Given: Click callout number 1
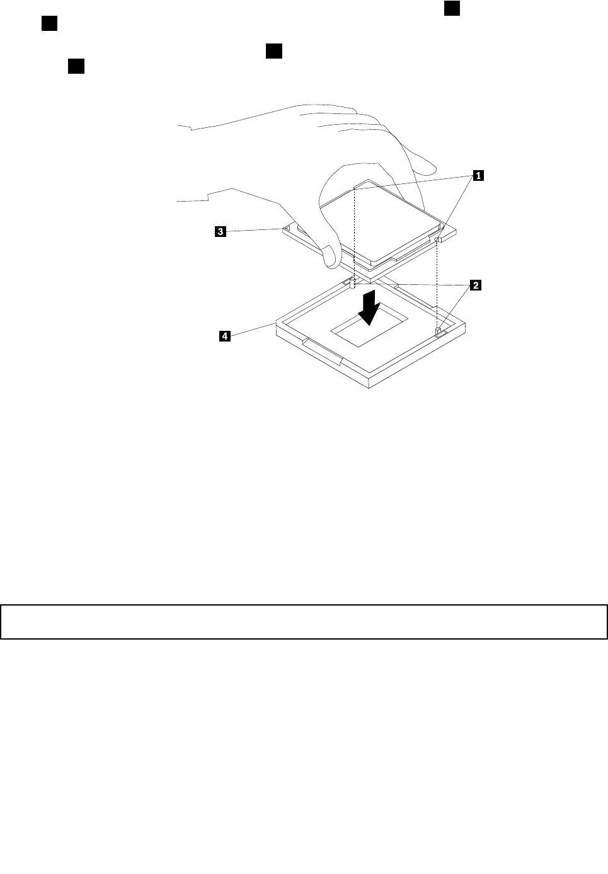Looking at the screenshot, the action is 478,176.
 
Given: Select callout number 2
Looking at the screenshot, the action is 476,285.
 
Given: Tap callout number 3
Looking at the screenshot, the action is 220,232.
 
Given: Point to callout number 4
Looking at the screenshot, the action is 224,337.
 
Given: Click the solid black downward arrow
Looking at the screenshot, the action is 370,307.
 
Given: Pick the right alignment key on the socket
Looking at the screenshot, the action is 438,330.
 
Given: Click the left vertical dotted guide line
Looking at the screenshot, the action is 355,233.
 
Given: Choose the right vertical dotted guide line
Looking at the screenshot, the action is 437,284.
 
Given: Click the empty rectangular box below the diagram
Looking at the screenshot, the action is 304,622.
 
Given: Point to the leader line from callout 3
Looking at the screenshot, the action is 255,230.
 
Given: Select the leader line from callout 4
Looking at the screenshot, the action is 252,330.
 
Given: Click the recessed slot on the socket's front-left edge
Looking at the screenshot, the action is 321,350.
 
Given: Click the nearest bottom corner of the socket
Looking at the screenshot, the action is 369,386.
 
